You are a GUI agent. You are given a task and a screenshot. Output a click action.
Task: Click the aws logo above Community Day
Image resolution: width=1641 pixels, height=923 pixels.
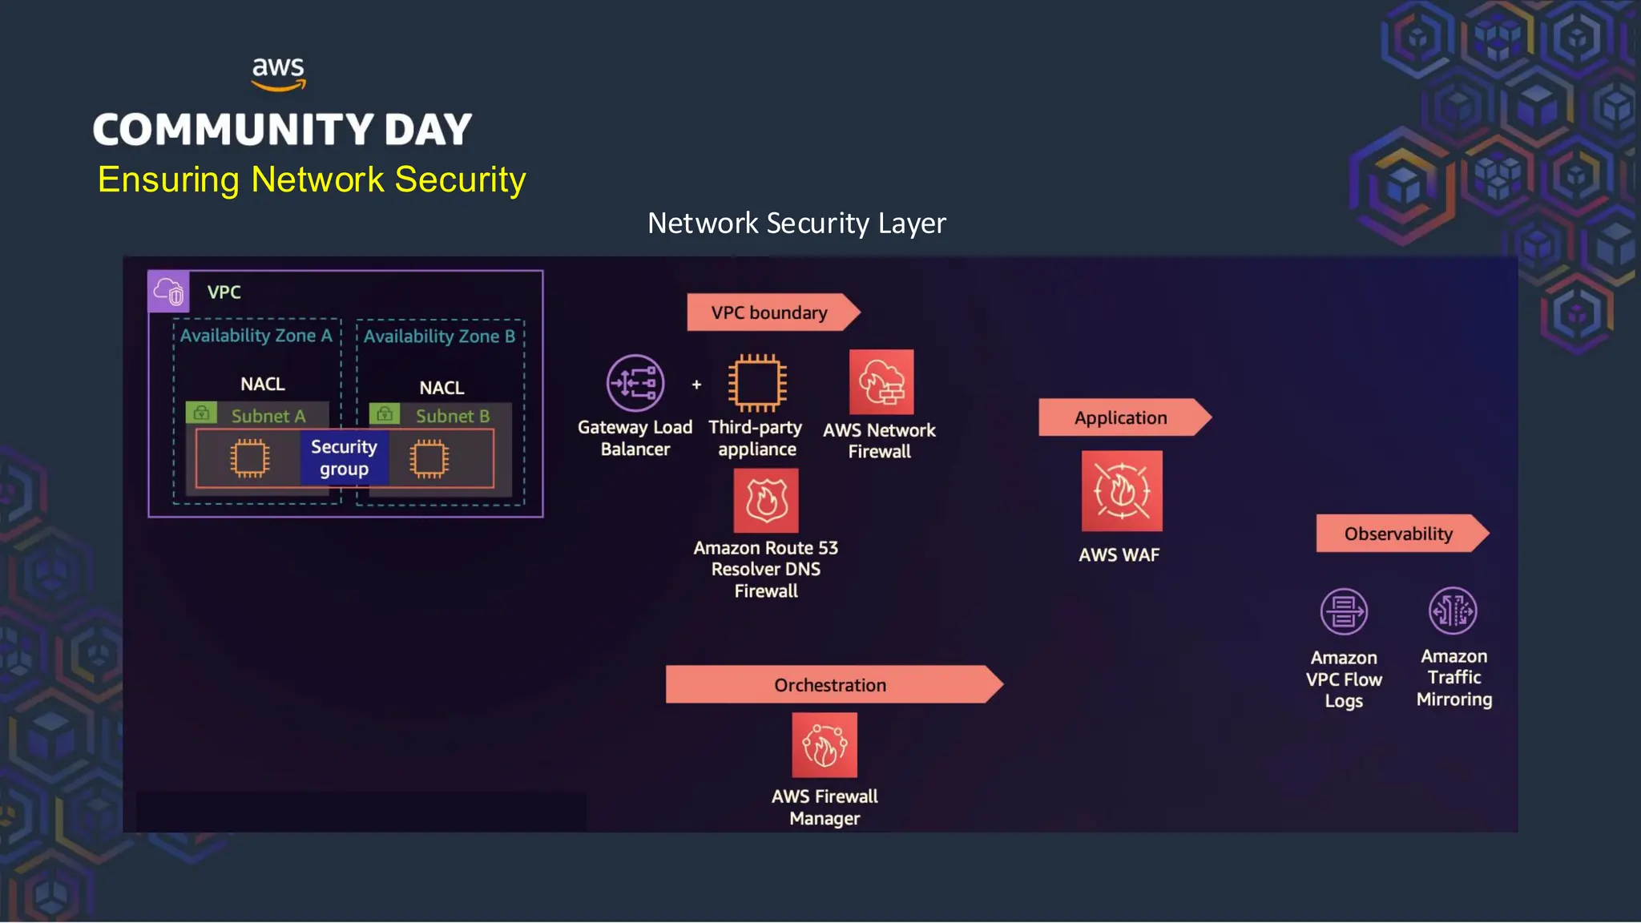tap(278, 73)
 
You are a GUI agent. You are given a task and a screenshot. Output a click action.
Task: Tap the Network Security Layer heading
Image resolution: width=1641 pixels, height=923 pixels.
tap(796, 223)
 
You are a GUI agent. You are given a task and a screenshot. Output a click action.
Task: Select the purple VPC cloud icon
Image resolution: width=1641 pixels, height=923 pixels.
tap(169, 292)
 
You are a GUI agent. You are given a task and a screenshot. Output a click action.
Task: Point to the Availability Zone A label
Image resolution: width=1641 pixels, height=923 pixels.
tap(256, 336)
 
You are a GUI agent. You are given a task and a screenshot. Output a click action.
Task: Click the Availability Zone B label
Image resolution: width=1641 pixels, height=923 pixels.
tap(439, 337)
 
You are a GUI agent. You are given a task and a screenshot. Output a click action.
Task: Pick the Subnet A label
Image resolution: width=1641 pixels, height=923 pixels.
tap(268, 416)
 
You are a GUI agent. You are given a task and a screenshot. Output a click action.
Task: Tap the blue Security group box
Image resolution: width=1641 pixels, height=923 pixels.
tap(344, 457)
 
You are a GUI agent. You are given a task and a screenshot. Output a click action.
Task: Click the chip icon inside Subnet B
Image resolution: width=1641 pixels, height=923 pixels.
tap(429, 458)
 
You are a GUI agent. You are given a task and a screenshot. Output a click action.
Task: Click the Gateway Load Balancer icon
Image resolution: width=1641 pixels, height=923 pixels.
tap(635, 383)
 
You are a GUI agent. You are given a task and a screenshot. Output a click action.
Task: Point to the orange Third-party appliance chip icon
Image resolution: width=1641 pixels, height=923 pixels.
tap(756, 383)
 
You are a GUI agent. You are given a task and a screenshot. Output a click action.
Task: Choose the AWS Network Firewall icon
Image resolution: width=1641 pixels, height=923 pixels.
tap(881, 382)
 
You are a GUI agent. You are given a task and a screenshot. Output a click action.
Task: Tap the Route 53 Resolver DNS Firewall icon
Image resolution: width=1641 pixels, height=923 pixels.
tap(766, 501)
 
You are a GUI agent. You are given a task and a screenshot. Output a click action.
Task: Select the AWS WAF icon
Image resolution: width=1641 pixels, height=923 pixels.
tap(1122, 491)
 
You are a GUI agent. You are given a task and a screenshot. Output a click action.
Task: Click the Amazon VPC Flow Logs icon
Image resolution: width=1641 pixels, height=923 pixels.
tap(1344, 611)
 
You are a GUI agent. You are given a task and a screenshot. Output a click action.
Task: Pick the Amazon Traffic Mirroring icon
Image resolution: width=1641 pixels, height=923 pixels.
tap(1453, 611)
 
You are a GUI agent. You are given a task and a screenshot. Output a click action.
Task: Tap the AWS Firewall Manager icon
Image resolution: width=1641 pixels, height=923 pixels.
tap(825, 745)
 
